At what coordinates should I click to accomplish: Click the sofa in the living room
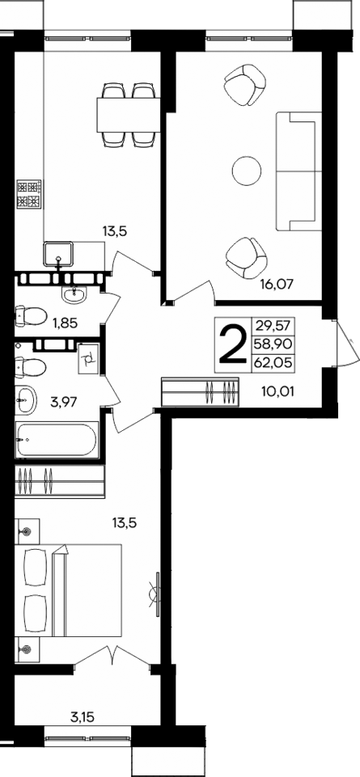(x=296, y=170)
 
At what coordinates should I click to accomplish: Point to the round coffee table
(x=246, y=171)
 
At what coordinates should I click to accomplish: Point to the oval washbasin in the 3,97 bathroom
(x=26, y=399)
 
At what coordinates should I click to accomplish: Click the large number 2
(x=232, y=344)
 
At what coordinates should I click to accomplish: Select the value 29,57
(x=273, y=326)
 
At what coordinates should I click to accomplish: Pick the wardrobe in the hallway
(x=201, y=394)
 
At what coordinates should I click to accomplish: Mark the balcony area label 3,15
(x=83, y=716)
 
